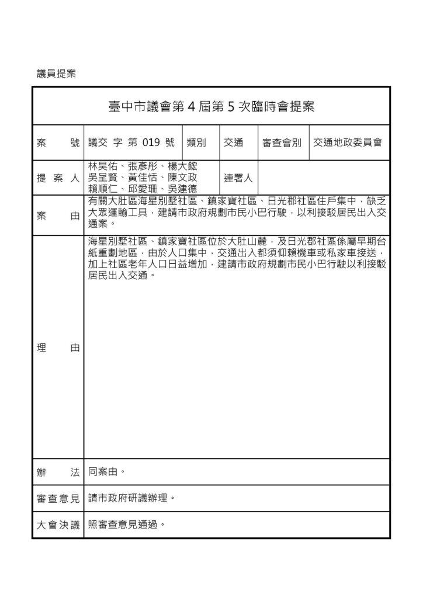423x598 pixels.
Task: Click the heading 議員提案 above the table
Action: [57, 74]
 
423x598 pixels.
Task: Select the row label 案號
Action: [58, 142]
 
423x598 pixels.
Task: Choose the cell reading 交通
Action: [233, 142]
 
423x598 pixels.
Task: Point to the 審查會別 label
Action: [282, 142]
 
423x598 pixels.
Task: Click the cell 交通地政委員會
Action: [347, 142]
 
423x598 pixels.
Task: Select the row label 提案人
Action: [58, 178]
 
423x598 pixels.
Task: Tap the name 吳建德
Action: [182, 188]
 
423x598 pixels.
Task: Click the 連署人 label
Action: [238, 178]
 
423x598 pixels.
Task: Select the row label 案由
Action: [58, 216]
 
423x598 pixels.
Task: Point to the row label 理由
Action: [58, 347]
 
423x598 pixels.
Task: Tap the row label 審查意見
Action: [58, 498]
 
